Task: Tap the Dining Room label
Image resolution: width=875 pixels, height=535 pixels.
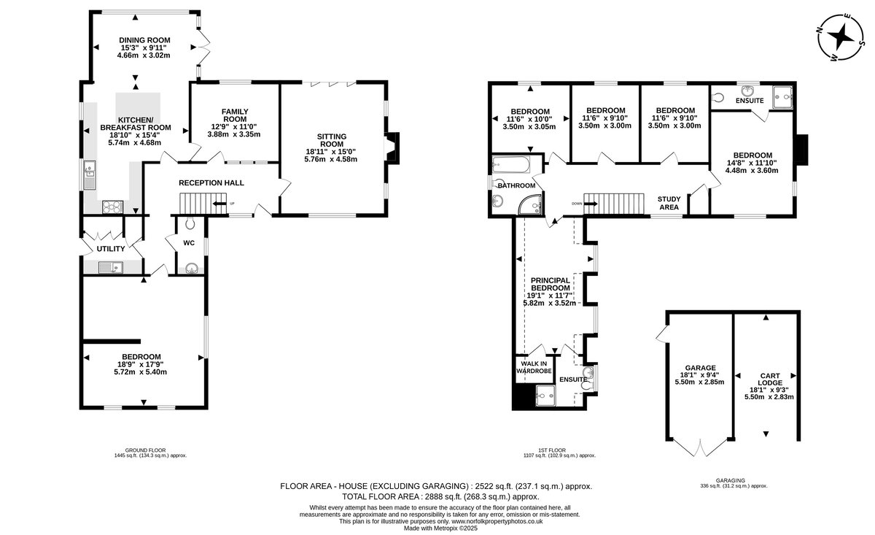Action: click(x=144, y=40)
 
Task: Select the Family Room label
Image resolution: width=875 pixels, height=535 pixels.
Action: click(x=234, y=115)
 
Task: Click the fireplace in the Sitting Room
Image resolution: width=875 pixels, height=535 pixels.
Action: click(x=392, y=148)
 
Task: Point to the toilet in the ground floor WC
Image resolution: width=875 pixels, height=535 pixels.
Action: click(x=190, y=223)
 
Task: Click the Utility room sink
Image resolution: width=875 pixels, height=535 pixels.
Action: click(x=111, y=267)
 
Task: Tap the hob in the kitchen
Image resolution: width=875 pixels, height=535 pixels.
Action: click(x=112, y=207)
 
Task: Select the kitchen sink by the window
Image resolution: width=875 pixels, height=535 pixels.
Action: click(x=90, y=174)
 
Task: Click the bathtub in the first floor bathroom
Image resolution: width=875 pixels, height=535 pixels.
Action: click(x=511, y=165)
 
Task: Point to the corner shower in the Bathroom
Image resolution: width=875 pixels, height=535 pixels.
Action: click(x=532, y=204)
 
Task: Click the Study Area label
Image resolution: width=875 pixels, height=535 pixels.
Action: click(x=669, y=203)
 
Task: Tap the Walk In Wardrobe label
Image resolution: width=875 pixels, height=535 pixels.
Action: click(x=534, y=367)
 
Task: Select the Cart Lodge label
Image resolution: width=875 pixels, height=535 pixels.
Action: click(x=770, y=380)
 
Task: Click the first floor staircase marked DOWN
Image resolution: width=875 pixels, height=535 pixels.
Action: click(x=614, y=204)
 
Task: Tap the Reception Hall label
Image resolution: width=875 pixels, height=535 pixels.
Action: click(x=211, y=182)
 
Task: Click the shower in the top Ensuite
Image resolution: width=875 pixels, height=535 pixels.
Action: click(x=782, y=96)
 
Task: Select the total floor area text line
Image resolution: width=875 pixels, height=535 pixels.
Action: click(x=440, y=496)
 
